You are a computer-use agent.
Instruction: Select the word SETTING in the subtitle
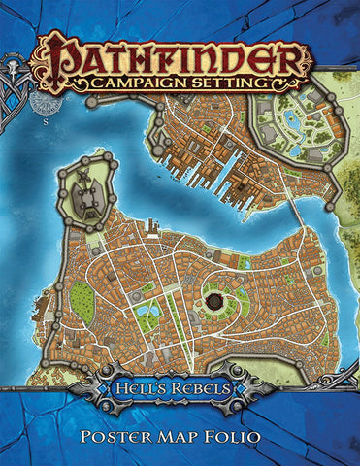pyautogui.click(x=225, y=83)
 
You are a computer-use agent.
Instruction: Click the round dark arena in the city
pyautogui.click(x=214, y=304)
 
